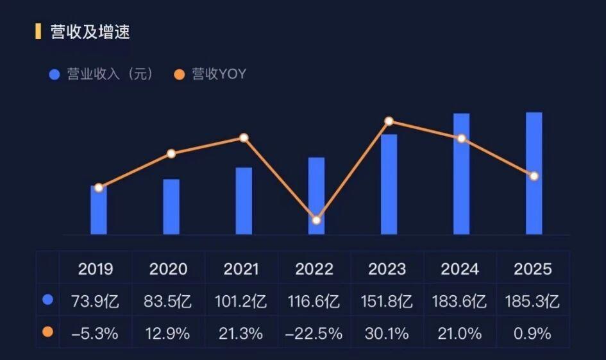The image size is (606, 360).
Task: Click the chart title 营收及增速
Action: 90,31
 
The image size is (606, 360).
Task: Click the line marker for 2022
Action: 316,220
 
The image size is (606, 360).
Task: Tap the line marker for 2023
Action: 389,121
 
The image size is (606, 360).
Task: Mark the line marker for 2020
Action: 171,153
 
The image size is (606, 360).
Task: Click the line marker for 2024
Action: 461,139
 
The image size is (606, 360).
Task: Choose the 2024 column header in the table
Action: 460,268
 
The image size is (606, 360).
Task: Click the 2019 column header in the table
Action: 96,268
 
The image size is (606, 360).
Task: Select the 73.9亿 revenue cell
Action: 96,300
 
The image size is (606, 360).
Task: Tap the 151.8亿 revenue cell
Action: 387,300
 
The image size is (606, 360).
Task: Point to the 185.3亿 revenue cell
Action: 532,300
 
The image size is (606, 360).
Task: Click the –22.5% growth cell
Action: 314,334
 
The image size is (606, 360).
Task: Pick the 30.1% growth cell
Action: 387,334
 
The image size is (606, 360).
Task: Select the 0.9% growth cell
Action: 532,334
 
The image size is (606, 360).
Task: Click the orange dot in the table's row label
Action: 47,332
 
